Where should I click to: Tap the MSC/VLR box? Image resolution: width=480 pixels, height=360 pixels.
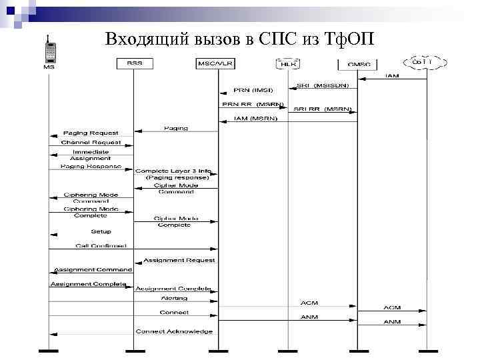coord(213,63)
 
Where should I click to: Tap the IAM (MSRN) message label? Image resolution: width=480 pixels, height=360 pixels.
coord(251,118)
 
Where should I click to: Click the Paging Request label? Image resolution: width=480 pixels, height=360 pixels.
coord(91,133)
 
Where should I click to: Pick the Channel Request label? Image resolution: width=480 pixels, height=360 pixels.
coord(91,142)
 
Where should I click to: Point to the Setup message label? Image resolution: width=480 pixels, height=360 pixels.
coord(101,231)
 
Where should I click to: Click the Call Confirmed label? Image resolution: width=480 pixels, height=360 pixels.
coord(101,246)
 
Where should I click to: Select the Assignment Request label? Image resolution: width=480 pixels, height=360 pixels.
coord(179,260)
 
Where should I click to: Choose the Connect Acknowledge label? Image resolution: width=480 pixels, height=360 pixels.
coord(174,331)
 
